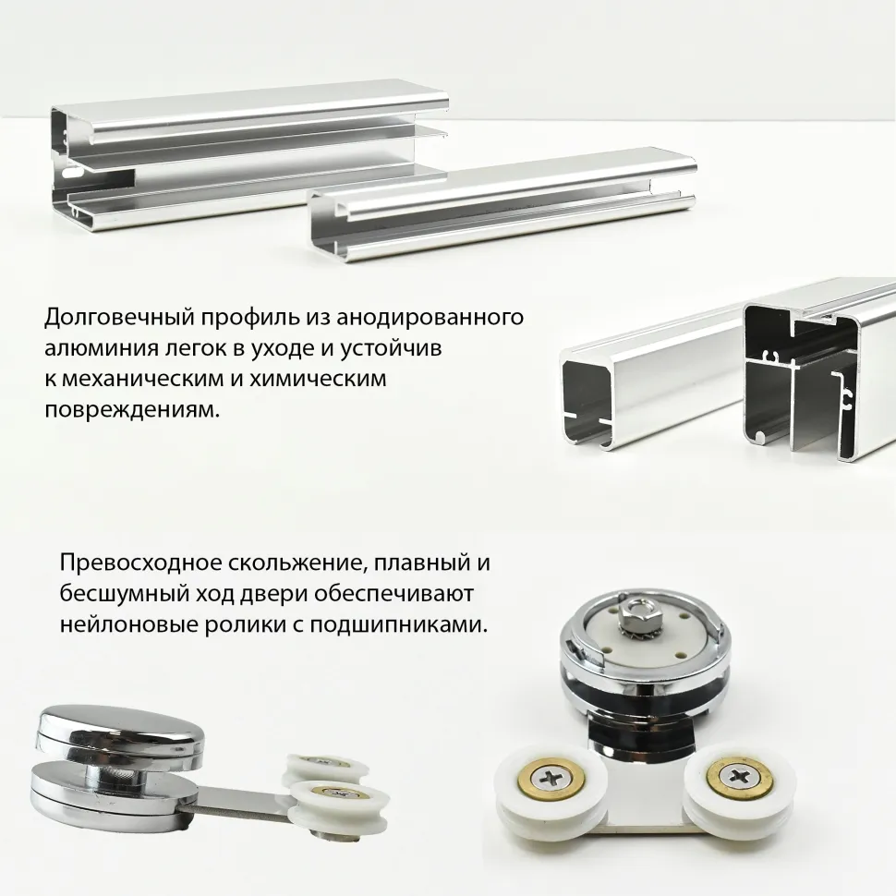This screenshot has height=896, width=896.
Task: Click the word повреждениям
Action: (132, 410)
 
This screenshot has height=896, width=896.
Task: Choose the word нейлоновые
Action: (127, 624)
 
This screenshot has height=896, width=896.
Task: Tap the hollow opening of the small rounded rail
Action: (585, 400)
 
